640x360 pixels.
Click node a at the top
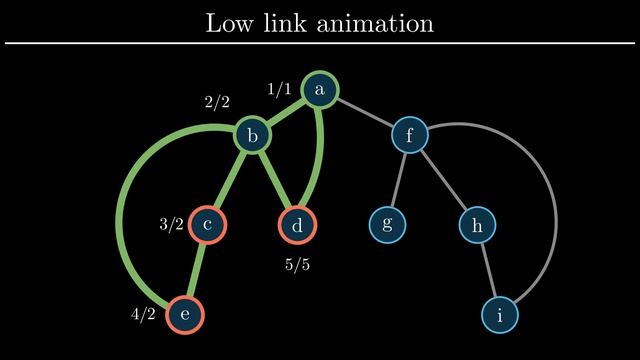[x=320, y=90]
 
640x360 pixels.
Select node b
[x=253, y=134]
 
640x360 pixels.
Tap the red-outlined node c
[x=208, y=225]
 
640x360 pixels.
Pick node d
[x=297, y=225]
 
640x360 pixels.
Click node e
[x=185, y=314]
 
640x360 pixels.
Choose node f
[x=409, y=134]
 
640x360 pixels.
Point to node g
[x=387, y=225]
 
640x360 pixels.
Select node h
[x=477, y=225]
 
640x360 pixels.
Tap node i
[x=500, y=314]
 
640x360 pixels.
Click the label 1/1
[x=279, y=90]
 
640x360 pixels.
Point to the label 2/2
[x=217, y=102]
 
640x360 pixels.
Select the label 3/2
[x=172, y=225]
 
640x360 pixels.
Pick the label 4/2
[x=144, y=314]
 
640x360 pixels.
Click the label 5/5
[x=297, y=265]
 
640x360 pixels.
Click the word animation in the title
[x=377, y=23]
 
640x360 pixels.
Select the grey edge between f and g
[x=398, y=180]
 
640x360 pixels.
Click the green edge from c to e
[x=197, y=270]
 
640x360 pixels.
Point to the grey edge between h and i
[x=488, y=270]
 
